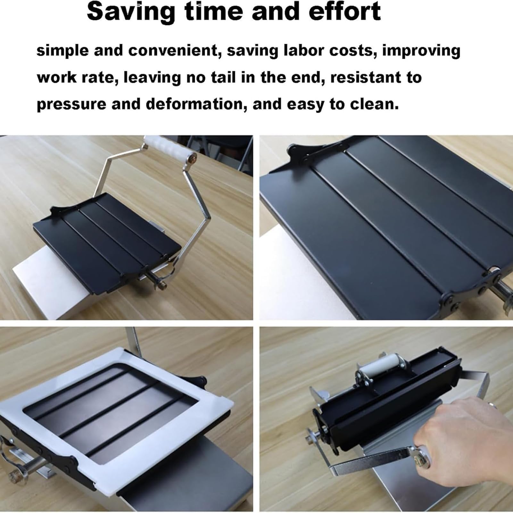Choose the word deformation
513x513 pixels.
click(196, 105)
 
